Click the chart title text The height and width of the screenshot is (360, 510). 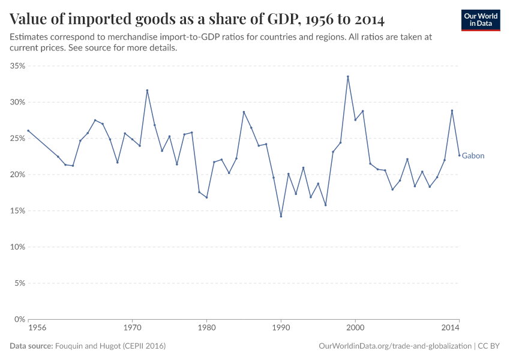pos(197,19)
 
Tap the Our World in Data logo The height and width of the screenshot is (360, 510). pos(480,20)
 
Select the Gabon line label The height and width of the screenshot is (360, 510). pos(473,156)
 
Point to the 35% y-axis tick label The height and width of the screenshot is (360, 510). pos(17,66)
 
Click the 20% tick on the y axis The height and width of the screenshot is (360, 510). pos(17,175)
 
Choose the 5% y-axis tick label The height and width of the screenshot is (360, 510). pos(19,283)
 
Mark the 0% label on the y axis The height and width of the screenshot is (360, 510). pos(19,319)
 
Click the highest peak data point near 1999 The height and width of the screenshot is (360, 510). pos(347,76)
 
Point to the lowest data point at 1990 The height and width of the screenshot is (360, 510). pos(281,217)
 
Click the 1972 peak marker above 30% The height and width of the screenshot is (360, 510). pos(147,91)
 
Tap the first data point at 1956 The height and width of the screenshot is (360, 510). pos(28,131)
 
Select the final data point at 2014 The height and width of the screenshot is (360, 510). pos(459,155)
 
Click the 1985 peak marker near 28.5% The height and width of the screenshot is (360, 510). pos(244,112)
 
